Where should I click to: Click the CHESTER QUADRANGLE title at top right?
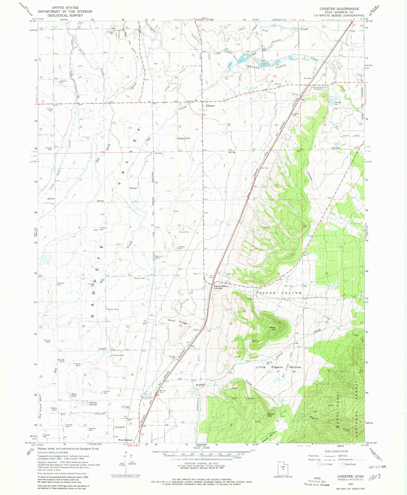[339, 9]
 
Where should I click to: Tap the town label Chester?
[210, 106]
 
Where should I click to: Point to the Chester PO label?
[184, 138]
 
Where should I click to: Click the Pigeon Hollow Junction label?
[221, 287]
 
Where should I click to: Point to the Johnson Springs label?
[93, 403]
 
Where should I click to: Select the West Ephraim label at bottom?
[125, 440]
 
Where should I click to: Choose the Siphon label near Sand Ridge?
[196, 329]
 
